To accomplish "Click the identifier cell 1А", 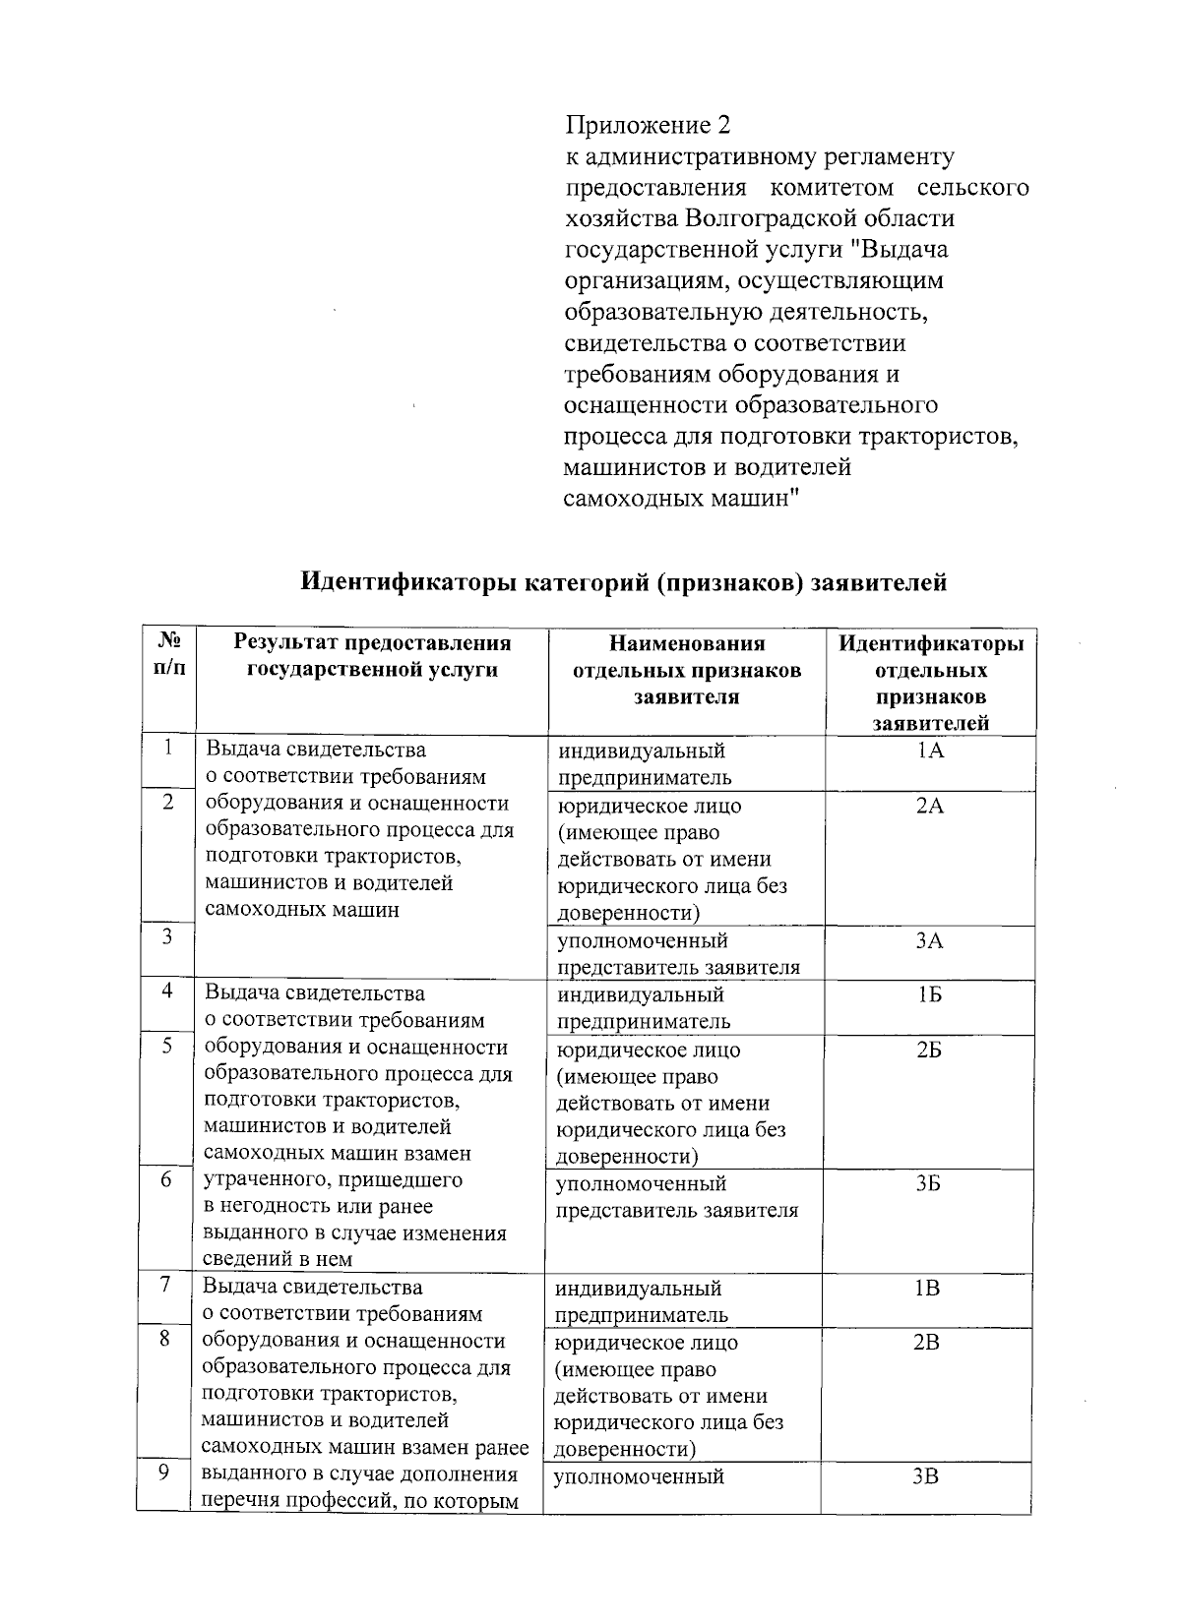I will (929, 751).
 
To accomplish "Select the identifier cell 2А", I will (929, 807).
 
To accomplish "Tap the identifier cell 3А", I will (929, 941).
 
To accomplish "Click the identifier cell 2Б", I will (929, 1051).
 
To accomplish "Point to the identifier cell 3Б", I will (928, 1184).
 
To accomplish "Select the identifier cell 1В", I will (927, 1289).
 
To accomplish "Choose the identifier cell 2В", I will (927, 1343).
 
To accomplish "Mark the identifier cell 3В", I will (927, 1476).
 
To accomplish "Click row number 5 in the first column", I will (167, 1047).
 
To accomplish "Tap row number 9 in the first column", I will (165, 1473).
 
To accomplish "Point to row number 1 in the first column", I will (168, 749).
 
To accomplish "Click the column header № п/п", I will (168, 655).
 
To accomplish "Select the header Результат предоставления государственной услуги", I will (372, 656).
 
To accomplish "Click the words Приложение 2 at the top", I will (648, 126).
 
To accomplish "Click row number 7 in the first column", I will (166, 1285).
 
